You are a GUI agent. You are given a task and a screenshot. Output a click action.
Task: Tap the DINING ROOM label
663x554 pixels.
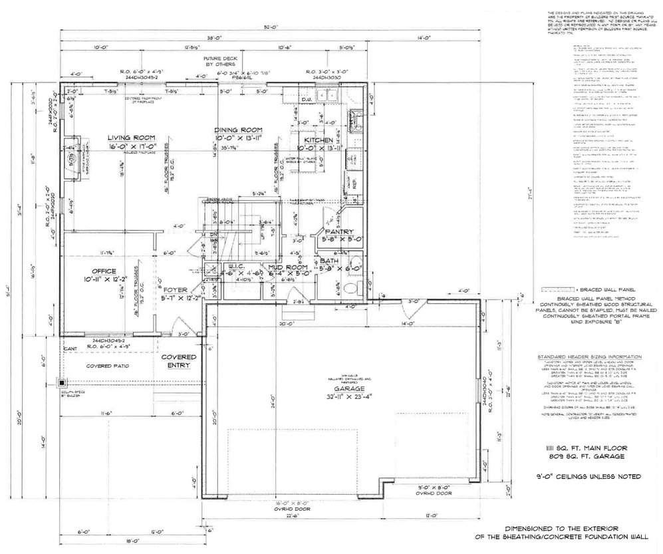[x=238, y=130]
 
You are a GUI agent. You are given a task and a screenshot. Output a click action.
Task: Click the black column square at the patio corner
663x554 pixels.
[x=62, y=383]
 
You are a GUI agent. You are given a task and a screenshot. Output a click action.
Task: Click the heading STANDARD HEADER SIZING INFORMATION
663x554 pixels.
[x=589, y=357]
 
